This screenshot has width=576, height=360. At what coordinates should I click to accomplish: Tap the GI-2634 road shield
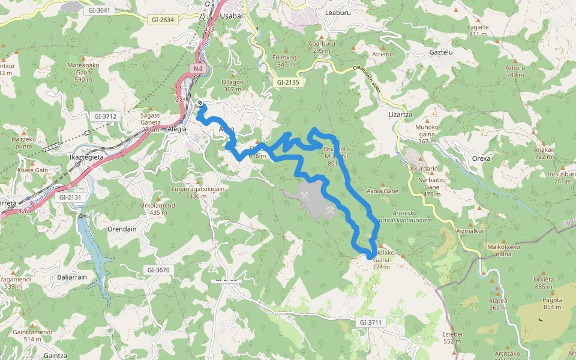[x=163, y=20]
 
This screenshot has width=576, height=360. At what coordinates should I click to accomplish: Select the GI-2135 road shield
[x=288, y=82]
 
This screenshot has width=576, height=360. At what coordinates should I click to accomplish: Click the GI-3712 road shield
[x=104, y=116]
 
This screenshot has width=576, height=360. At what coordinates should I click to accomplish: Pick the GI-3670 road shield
[x=158, y=270]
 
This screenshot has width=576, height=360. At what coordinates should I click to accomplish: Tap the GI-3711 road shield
[x=371, y=322]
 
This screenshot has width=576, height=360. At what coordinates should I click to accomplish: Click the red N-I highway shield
[x=198, y=69]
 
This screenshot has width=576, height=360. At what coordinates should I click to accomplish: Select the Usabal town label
[x=231, y=16]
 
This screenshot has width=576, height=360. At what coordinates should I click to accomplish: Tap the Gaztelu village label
[x=440, y=52]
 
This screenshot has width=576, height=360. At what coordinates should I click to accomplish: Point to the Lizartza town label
[x=400, y=114]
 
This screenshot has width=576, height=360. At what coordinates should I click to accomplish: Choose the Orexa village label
[x=481, y=158]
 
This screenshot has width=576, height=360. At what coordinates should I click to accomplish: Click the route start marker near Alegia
[x=200, y=103]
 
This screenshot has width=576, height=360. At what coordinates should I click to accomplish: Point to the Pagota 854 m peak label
[x=553, y=304]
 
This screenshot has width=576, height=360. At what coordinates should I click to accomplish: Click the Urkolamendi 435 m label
[x=158, y=208]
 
